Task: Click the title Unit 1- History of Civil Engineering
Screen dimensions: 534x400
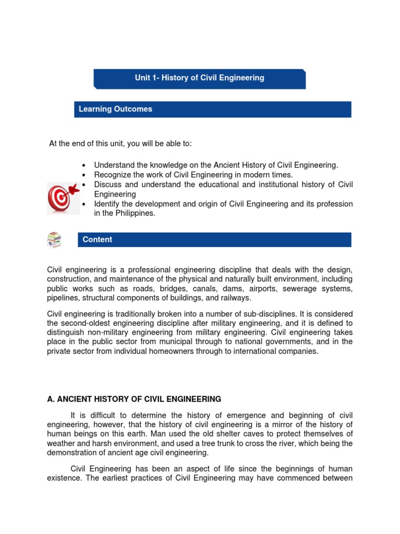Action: tap(199, 78)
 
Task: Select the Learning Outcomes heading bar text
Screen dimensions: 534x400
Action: tap(115, 109)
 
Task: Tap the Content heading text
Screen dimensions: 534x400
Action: tap(97, 239)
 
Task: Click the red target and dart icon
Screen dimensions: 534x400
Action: tap(63, 198)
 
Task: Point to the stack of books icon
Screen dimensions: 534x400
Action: tap(54, 240)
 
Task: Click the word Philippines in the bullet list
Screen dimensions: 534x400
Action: tap(132, 213)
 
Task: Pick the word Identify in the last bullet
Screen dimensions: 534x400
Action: tap(107, 204)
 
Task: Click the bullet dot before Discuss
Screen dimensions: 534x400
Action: tap(84, 185)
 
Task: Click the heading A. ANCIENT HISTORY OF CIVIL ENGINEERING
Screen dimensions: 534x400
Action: tap(134, 399)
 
